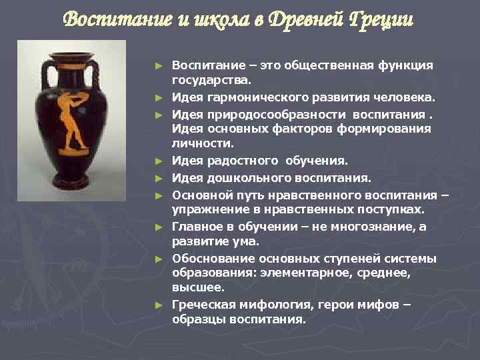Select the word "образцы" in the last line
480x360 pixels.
pyautogui.click(x=198, y=319)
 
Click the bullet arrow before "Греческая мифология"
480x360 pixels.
pyautogui.click(x=158, y=305)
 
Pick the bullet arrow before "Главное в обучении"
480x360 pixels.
pyautogui.click(x=158, y=227)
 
